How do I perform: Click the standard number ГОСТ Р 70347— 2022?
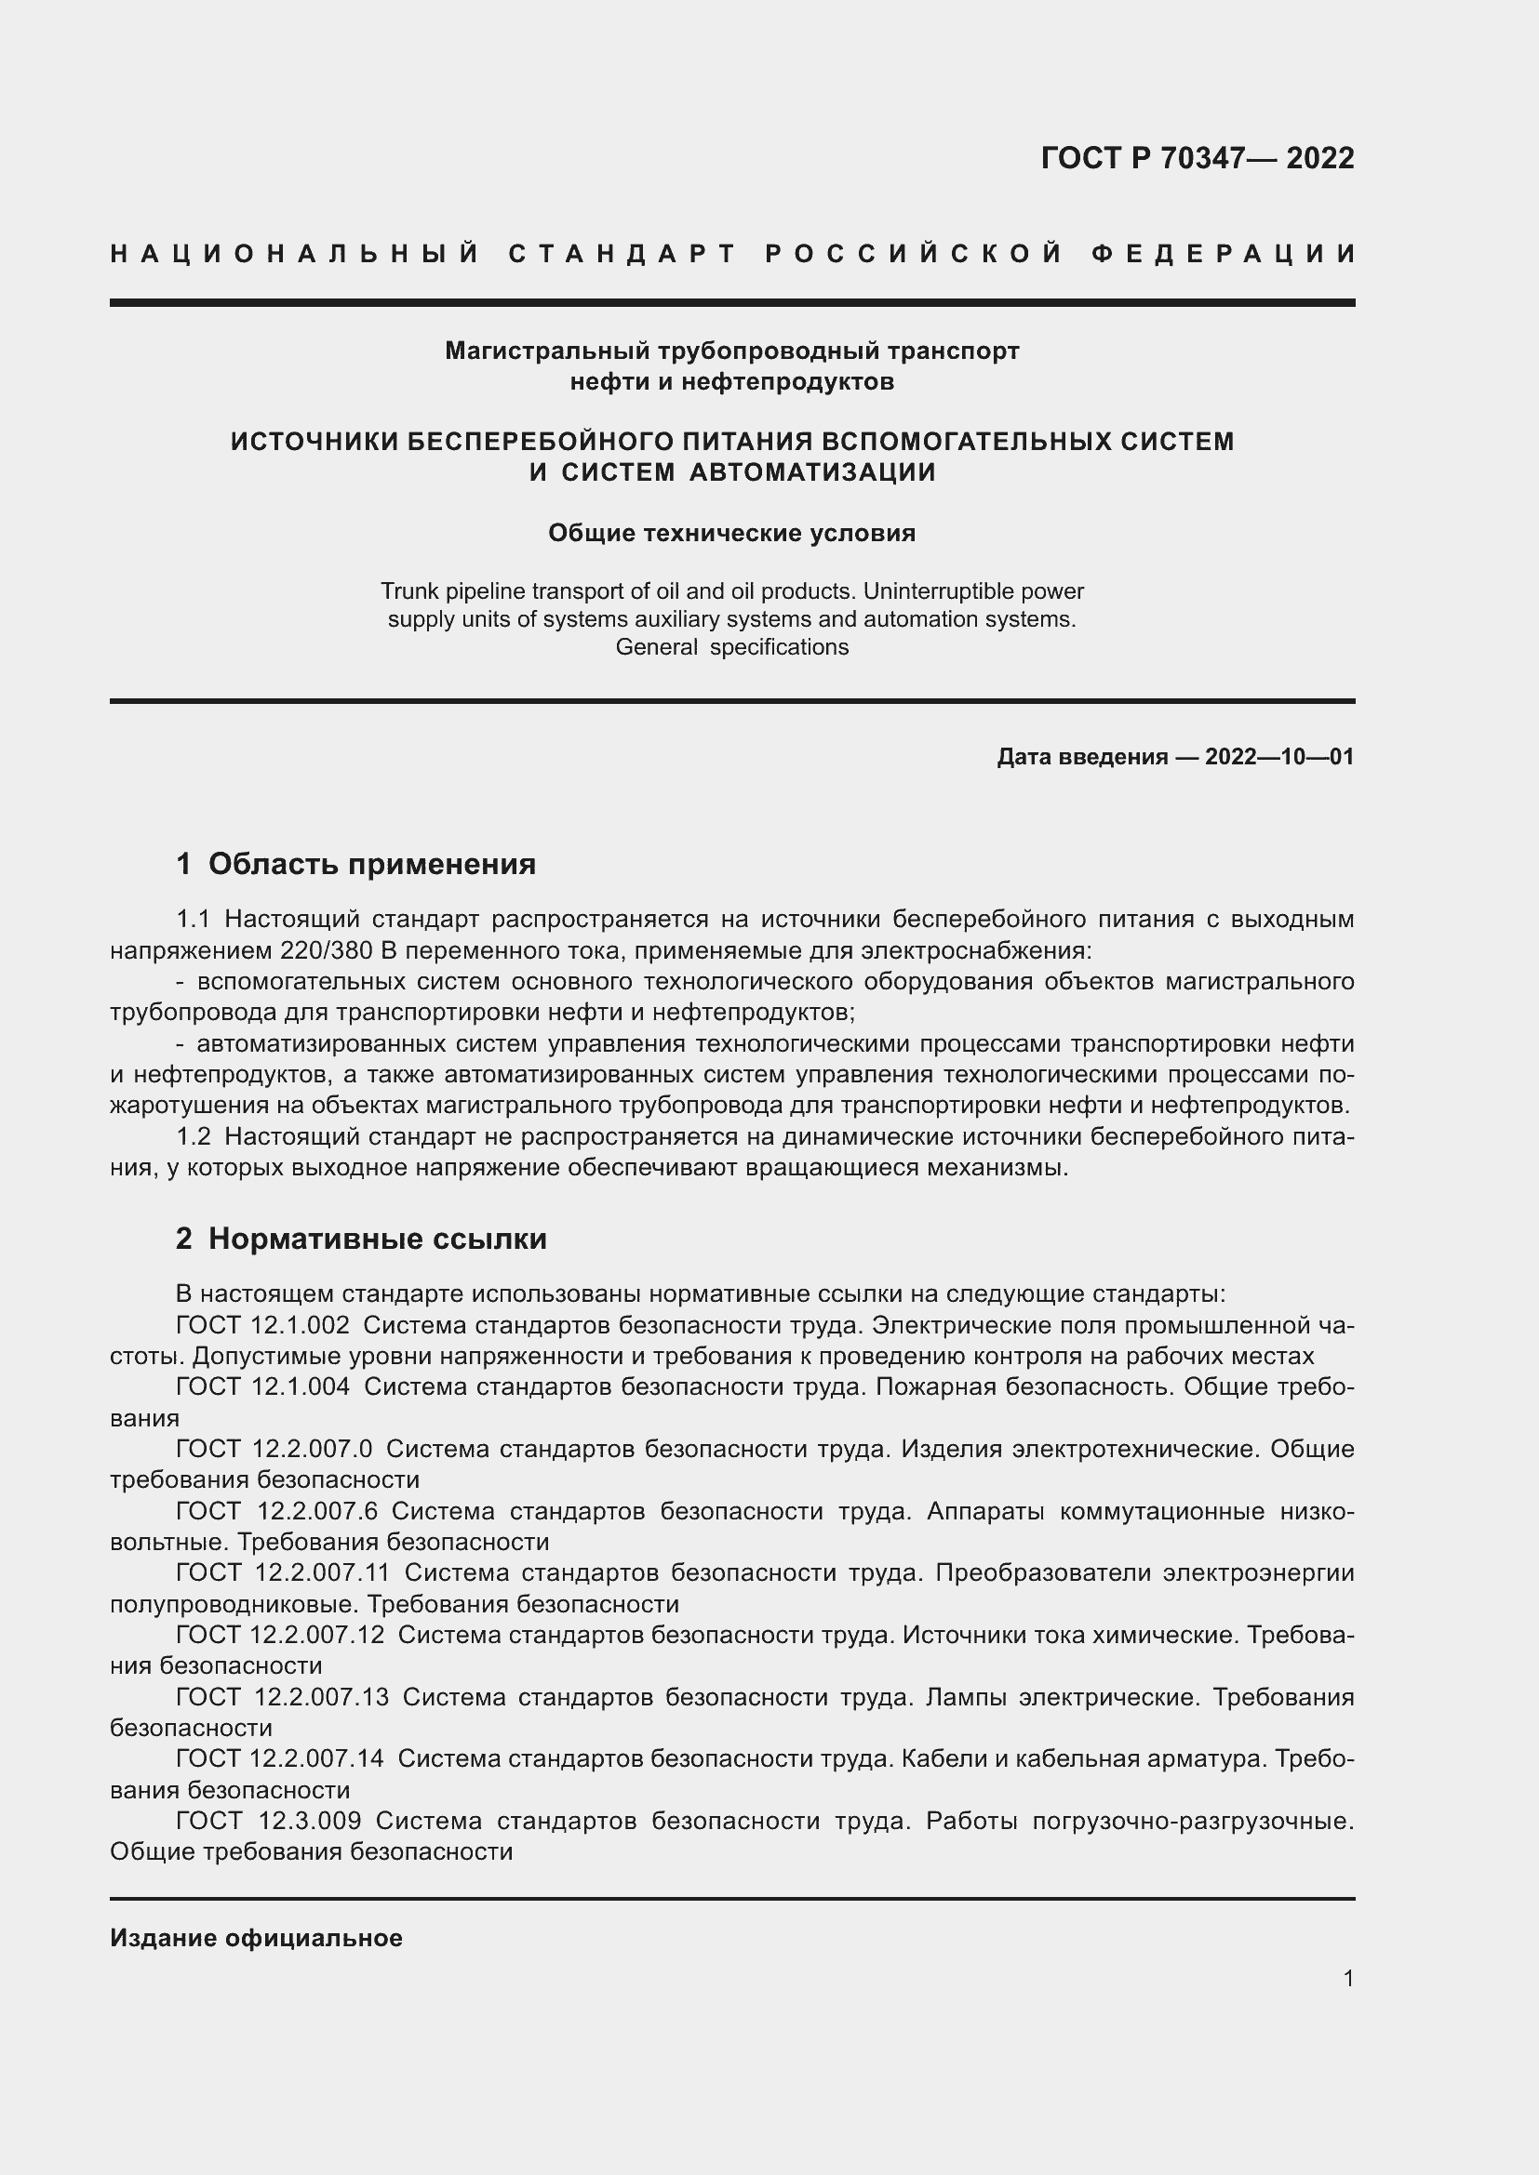1197,158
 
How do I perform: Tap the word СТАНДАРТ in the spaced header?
622,254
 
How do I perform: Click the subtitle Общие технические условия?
731,534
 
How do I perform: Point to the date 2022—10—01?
1278,757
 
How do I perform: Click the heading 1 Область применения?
356,864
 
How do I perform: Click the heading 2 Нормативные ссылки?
361,1239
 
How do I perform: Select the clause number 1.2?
194,1135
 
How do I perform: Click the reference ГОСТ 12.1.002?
262,1325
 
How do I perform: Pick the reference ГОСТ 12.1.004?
262,1386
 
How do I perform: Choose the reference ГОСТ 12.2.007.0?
274,1449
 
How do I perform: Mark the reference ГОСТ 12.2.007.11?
283,1572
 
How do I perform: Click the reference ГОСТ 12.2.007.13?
283,1697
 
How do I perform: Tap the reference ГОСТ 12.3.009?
268,1821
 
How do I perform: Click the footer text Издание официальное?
256,1938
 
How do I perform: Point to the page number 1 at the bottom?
1347,1978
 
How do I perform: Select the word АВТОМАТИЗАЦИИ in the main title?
812,471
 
